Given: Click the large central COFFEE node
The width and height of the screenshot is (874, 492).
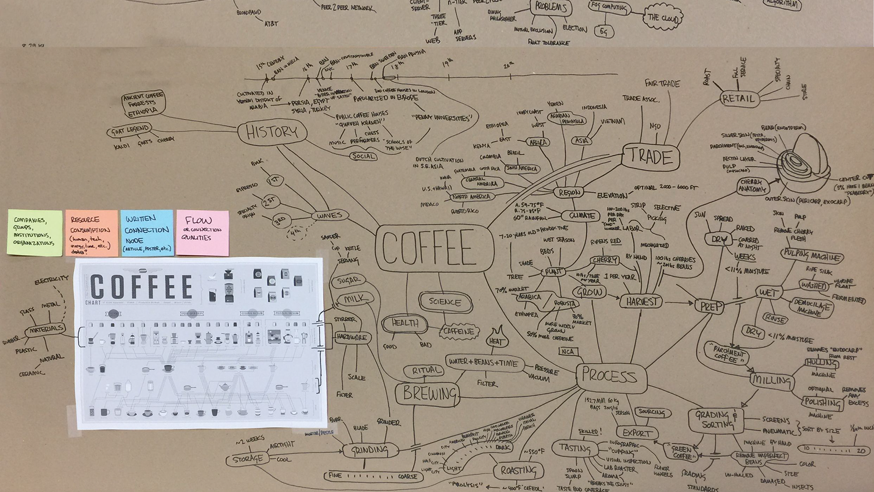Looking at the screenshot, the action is (435, 248).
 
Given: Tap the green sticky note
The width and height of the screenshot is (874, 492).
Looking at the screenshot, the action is (35, 232).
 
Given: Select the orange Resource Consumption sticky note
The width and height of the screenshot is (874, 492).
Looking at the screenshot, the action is (91, 232).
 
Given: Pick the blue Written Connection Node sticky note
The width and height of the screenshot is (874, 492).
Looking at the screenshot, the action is (147, 233).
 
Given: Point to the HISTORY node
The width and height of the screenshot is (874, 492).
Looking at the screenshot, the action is (272, 133).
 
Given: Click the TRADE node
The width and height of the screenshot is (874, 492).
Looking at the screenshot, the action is (650, 157).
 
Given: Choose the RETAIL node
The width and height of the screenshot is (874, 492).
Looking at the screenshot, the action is (738, 98).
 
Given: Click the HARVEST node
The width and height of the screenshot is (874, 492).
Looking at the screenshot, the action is (642, 301).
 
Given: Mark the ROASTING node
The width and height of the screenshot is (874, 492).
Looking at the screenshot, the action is (518, 471).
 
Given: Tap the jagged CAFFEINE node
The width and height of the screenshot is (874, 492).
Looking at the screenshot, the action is (458, 332).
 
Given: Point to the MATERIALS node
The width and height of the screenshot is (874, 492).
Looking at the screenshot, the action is (45, 329).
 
